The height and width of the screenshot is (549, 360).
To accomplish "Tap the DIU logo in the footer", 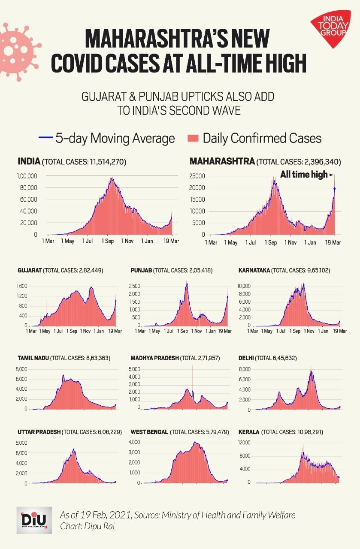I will (x=34, y=520).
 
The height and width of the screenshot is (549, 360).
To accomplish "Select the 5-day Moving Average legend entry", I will (x=107, y=138).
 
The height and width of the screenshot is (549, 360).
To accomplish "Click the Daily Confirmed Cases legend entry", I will (x=254, y=138).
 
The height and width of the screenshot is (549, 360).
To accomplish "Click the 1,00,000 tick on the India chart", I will (x=27, y=176).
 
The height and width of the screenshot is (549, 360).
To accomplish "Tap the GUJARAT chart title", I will (x=61, y=271).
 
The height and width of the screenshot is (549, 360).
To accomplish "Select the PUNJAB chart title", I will (x=172, y=271).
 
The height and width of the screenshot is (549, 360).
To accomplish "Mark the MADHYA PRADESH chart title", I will (x=175, y=358).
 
